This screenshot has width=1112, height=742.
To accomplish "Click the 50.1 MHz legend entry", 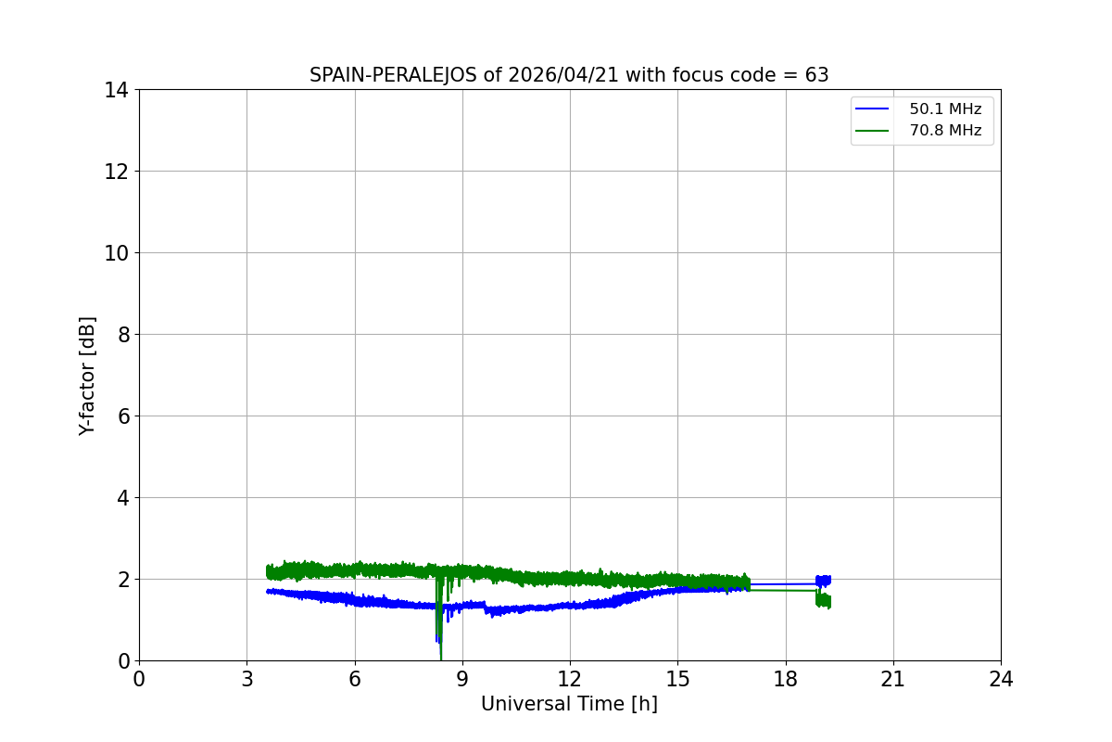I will point(944,109).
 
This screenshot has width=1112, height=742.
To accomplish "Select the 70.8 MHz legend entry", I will point(944,131).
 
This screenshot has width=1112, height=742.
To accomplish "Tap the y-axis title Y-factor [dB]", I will point(87,376).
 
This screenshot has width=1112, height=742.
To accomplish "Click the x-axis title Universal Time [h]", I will point(569,704).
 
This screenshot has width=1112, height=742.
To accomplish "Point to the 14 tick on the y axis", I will point(117,90).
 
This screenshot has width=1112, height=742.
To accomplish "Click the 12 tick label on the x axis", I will point(570,679).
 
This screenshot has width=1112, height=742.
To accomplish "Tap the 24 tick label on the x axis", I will point(1001,679).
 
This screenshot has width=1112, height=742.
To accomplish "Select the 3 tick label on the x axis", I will point(246,679).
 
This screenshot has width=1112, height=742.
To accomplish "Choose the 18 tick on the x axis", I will point(786,679).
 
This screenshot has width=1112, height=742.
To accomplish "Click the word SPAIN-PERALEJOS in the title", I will point(393,75).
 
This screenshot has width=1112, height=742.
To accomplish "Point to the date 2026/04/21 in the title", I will point(562,75).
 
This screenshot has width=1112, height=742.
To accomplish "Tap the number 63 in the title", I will point(816,75).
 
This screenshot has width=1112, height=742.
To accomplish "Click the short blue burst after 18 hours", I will point(823,581).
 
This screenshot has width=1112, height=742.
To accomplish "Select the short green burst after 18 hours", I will point(823,600).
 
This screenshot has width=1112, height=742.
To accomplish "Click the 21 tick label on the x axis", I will point(893,679).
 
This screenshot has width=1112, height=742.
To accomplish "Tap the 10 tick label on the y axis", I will point(117,253).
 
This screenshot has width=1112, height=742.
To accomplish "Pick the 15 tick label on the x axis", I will point(677,679).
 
